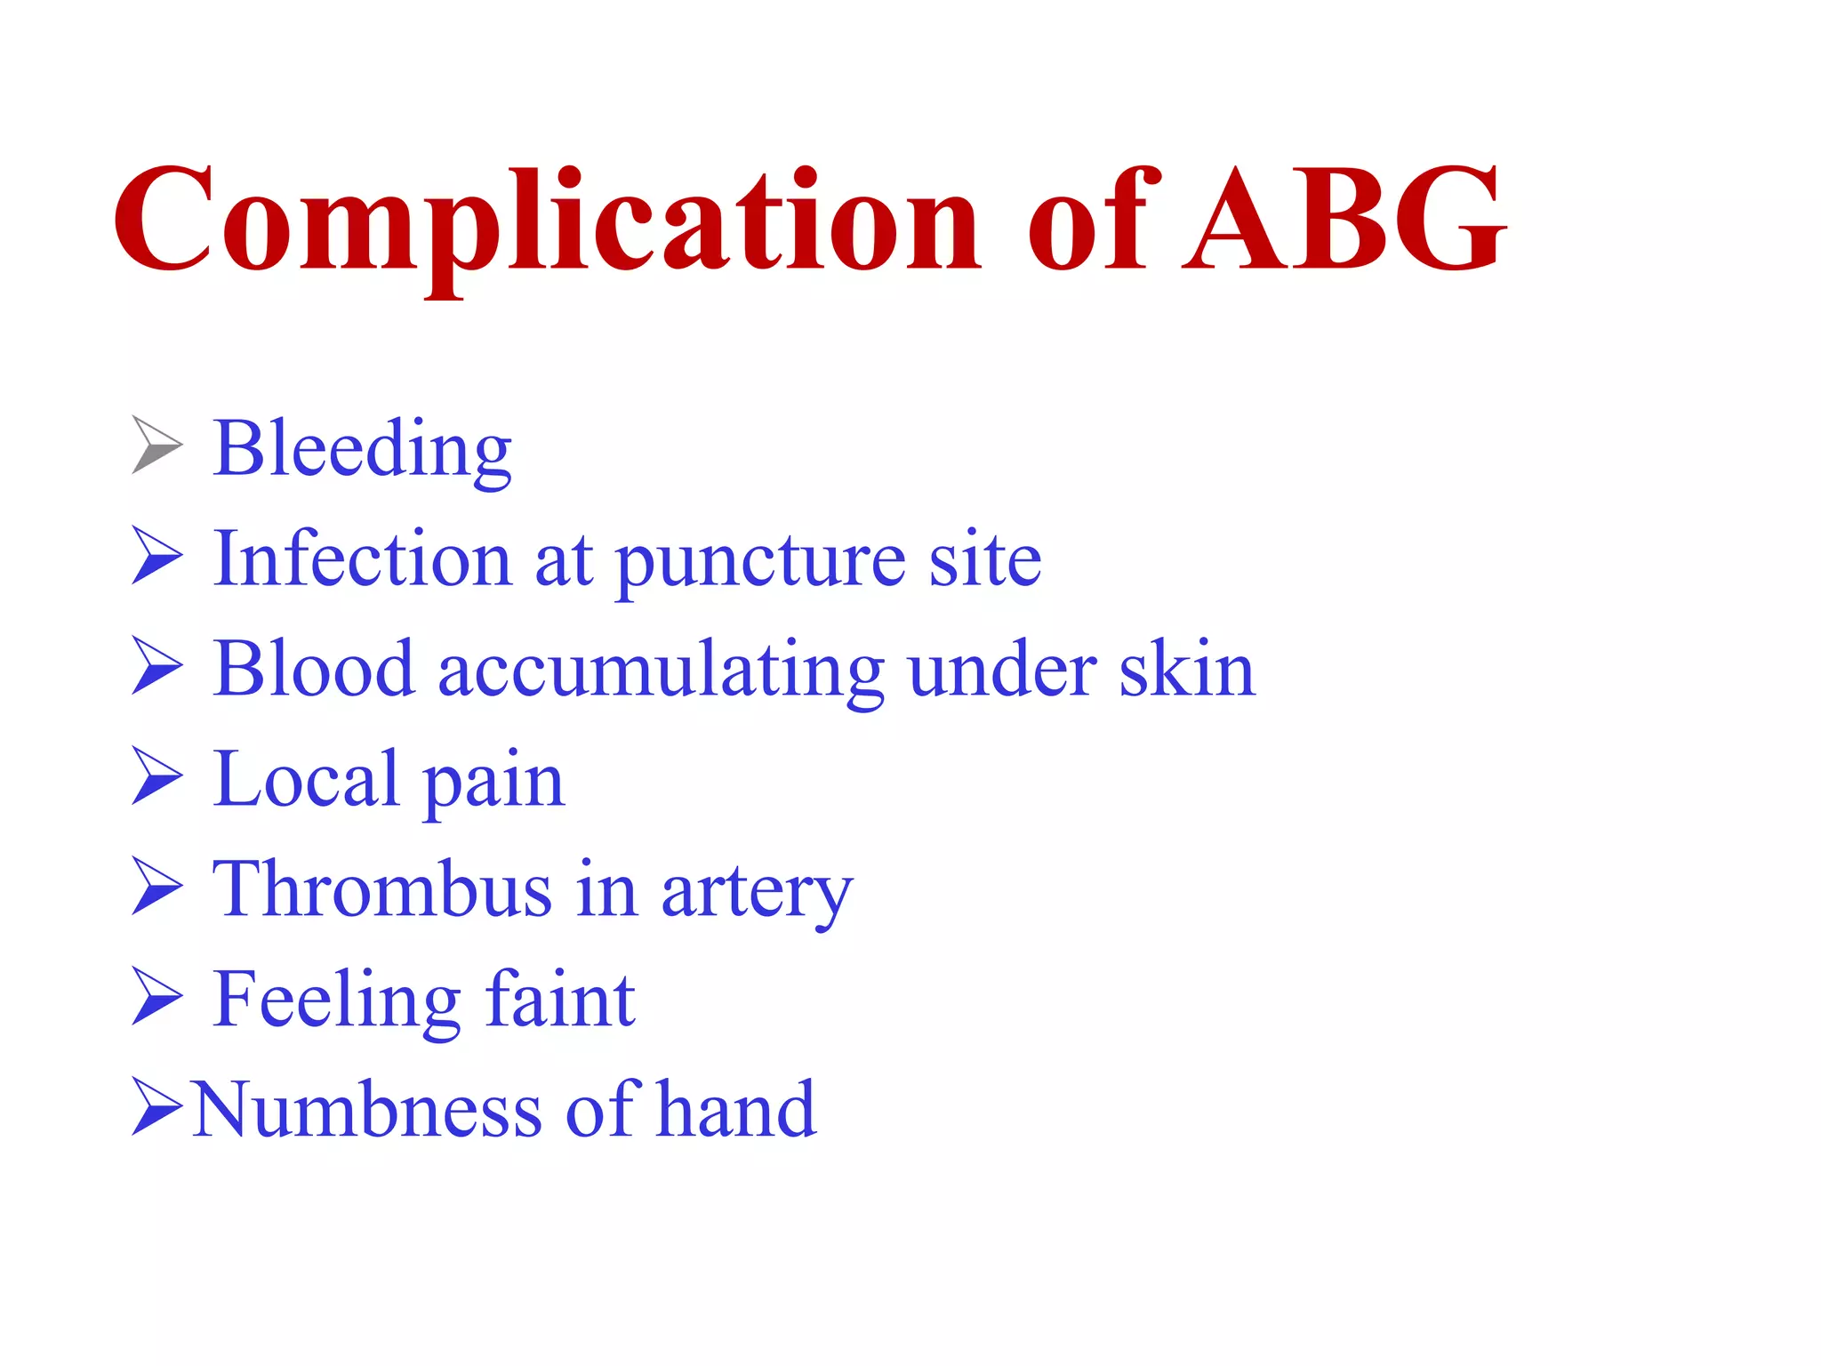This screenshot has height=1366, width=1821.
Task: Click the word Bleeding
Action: pos(363,449)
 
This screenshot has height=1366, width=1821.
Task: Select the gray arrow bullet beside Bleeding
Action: pos(156,445)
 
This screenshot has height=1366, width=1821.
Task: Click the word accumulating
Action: pos(661,671)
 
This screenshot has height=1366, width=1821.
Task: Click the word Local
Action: pos(306,779)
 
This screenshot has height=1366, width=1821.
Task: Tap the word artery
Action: pos(757,893)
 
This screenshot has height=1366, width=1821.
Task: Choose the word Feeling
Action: pos(337,1001)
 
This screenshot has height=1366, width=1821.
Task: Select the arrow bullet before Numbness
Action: pos(156,1106)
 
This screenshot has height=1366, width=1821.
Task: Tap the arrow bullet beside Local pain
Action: pos(156,776)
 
